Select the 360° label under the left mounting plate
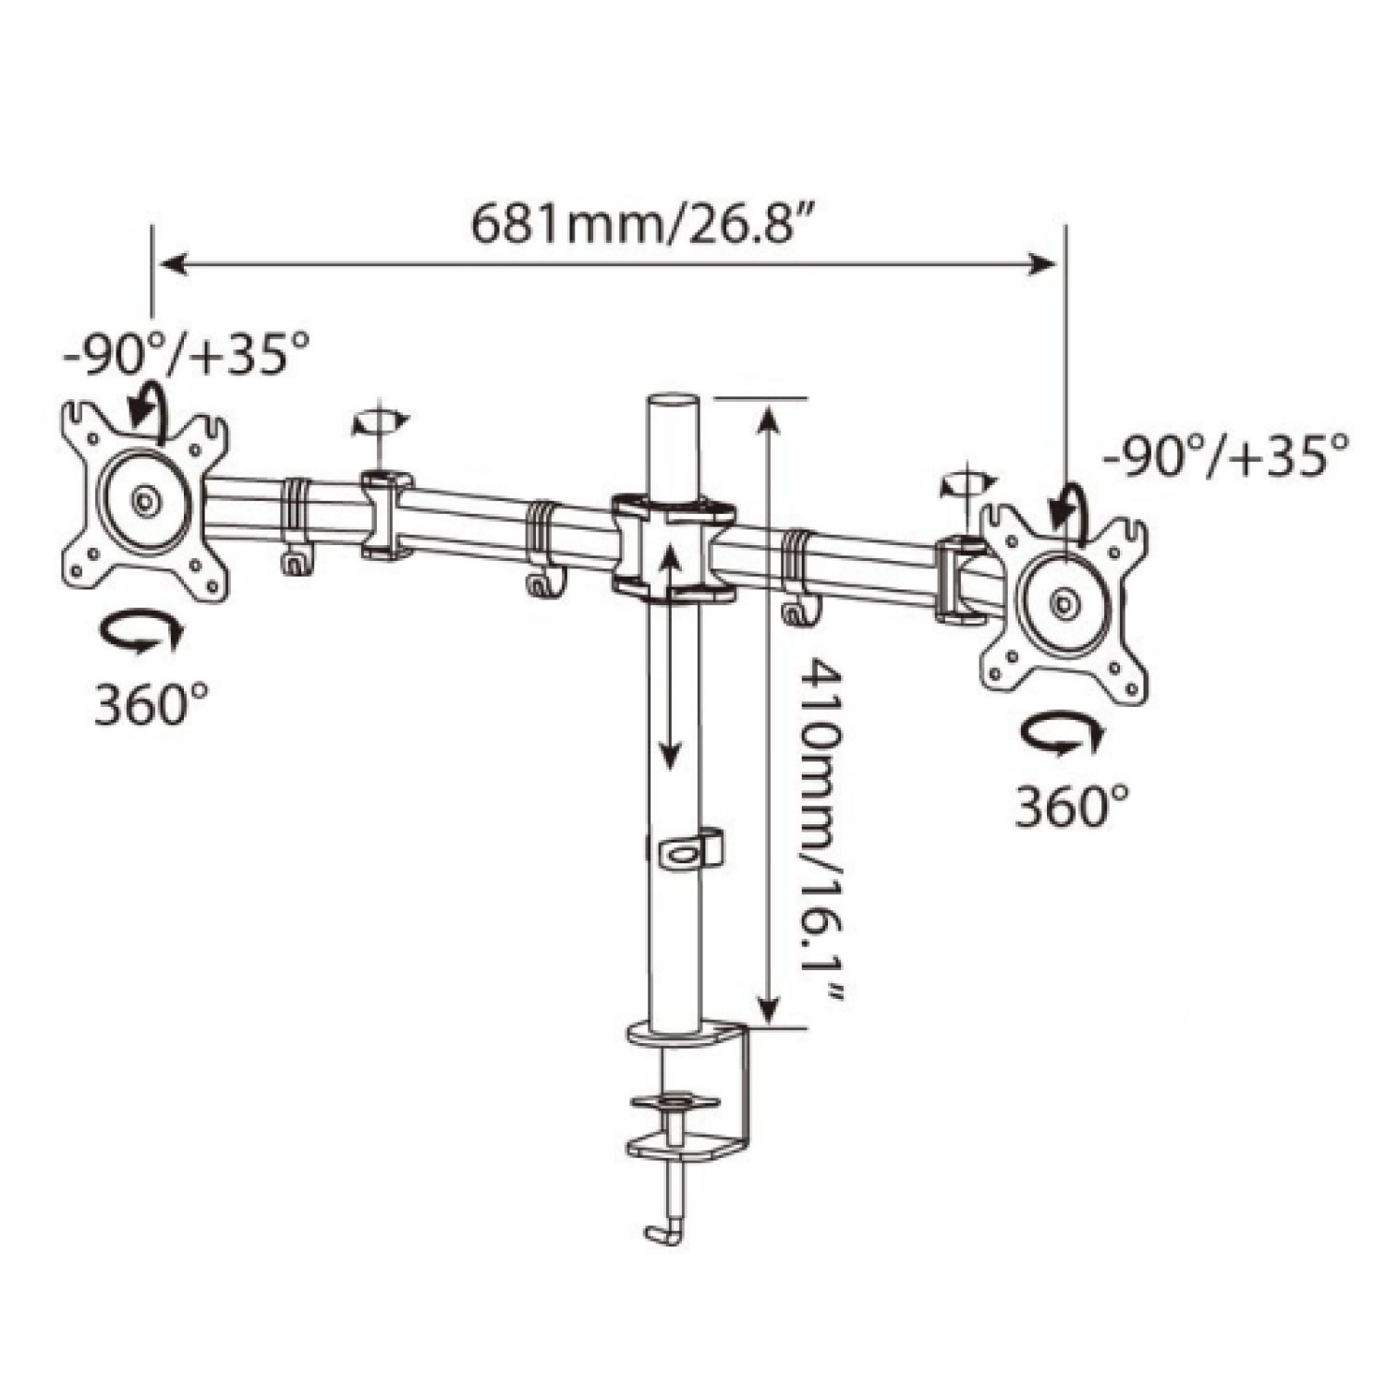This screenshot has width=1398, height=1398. pyautogui.click(x=152, y=705)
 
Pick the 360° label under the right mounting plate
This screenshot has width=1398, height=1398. pyautogui.click(x=1073, y=807)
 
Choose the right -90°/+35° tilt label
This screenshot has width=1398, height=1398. pyautogui.click(x=1225, y=453)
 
